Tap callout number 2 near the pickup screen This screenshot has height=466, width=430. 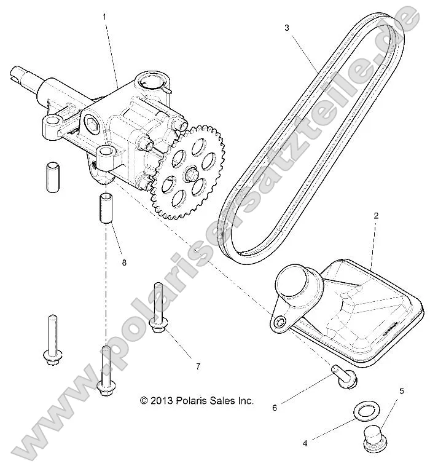tap(376, 216)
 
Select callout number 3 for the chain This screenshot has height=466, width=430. tap(287, 27)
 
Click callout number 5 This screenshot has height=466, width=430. tap(401, 390)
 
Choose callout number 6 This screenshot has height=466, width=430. tap(275, 406)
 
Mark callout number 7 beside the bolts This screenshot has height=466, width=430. tap(198, 366)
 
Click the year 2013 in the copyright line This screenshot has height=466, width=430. tap(162, 401)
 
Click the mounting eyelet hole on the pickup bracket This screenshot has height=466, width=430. tap(281, 322)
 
